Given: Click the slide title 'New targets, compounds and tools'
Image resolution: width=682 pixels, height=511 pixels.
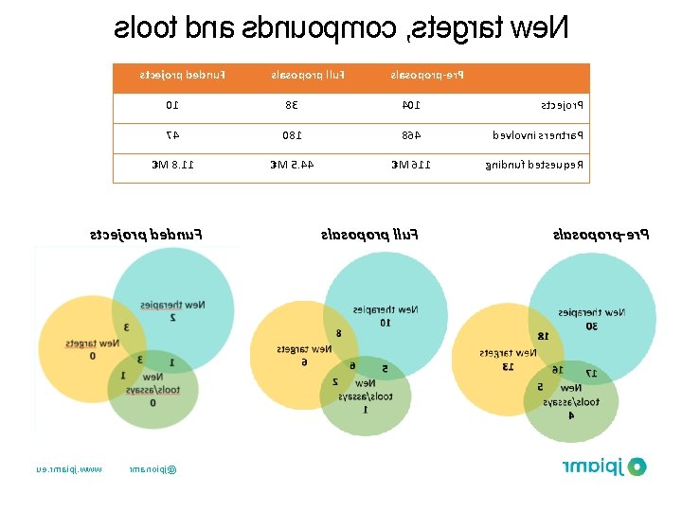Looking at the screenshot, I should coord(342,28).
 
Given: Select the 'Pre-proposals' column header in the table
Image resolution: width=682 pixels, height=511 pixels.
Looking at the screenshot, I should coord(433,75).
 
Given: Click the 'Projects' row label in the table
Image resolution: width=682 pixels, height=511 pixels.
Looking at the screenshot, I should coord(562,106).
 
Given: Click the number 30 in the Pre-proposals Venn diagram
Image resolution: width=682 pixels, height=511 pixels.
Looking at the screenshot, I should coord(591,326).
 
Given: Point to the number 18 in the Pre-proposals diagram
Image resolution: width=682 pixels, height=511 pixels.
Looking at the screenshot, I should coord(542,336).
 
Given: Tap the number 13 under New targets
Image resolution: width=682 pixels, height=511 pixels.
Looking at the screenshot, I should coord(508,366).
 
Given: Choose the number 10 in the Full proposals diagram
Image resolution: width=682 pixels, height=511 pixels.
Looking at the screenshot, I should coord(385,323).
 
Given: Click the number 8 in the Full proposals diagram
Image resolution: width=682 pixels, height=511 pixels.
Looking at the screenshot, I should coord(338,333).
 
